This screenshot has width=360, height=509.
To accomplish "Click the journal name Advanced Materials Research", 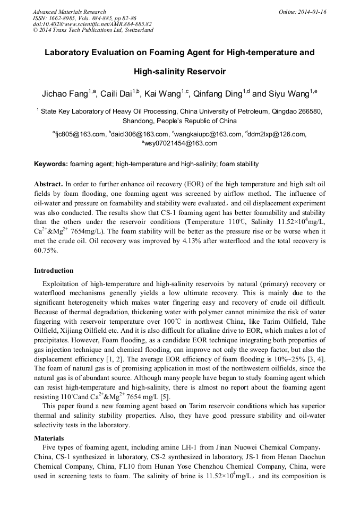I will click(x=69, y=12).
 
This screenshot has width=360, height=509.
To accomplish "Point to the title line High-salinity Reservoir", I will click(x=179, y=71).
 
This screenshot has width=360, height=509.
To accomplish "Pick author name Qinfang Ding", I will click(x=217, y=94).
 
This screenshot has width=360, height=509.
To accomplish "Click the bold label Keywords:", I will click(x=50, y=164).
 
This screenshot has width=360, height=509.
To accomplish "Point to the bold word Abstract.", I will click(x=49, y=183).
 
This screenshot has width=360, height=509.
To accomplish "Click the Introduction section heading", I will click(x=54, y=271).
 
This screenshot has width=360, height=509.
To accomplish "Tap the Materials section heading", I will click(x=49, y=438).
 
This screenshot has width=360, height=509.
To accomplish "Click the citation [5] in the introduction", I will click(x=165, y=396).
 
